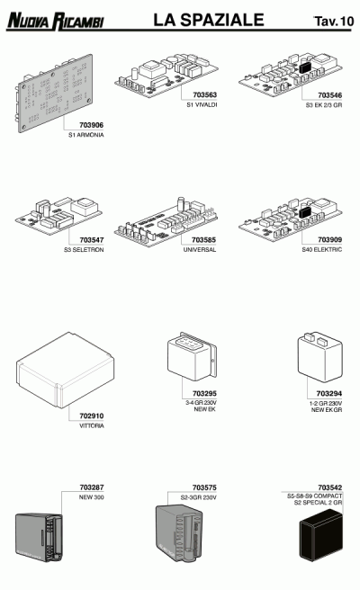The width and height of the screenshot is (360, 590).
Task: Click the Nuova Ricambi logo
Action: (x=55, y=21)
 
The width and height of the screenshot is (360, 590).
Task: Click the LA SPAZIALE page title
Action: (x=208, y=20)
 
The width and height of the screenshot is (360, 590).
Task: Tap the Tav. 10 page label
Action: (x=334, y=21)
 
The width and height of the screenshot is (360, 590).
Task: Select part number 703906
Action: (x=91, y=125)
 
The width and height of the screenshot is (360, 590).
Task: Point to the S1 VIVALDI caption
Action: (x=202, y=105)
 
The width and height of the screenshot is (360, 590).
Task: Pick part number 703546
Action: (x=330, y=95)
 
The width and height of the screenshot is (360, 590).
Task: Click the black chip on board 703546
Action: (x=305, y=67)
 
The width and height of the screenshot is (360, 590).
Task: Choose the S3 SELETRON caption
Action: (x=84, y=249)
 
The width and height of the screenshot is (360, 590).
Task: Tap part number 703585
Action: (x=203, y=239)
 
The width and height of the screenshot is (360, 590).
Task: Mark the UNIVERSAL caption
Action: (x=200, y=249)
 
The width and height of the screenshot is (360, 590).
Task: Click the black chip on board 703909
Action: (x=305, y=212)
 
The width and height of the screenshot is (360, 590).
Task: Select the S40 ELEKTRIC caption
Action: (x=322, y=249)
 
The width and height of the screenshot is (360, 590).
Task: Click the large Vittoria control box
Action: (x=65, y=370)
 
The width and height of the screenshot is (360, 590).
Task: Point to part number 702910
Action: (x=92, y=416)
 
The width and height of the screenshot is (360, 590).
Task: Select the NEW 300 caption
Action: (x=91, y=497)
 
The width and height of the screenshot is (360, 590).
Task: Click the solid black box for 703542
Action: (x=321, y=534)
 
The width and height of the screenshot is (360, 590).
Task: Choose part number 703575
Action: (x=204, y=487)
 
